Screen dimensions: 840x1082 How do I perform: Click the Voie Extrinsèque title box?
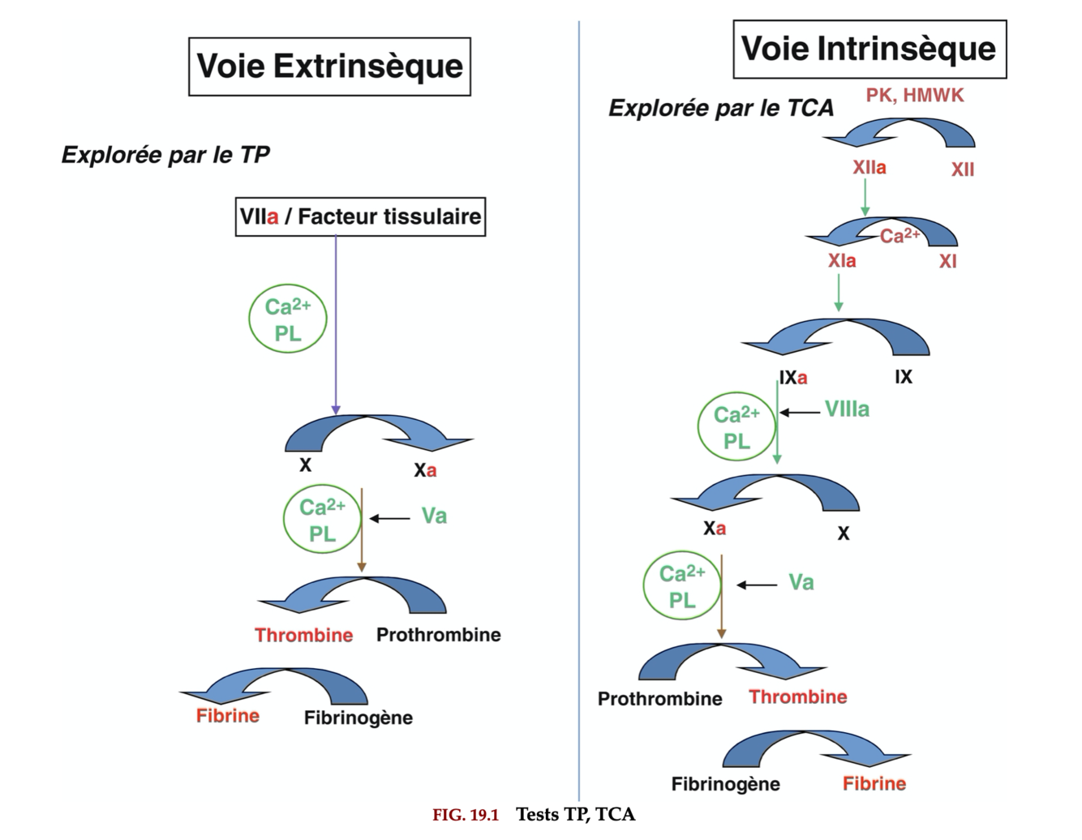(329, 66)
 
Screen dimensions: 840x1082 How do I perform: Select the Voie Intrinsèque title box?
(869, 49)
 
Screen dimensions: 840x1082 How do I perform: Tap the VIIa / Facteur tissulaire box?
(360, 216)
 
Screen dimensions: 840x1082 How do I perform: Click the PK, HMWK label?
(915, 96)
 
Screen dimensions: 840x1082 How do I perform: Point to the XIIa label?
(869, 168)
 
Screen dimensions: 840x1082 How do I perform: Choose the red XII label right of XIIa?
(963, 170)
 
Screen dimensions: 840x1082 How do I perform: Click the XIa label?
(842, 261)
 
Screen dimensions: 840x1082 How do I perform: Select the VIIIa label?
(847, 409)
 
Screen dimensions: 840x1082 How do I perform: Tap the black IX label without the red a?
(904, 377)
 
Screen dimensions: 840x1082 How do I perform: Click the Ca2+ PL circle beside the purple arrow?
(287, 320)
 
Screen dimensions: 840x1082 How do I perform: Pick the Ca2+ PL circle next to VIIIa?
(736, 427)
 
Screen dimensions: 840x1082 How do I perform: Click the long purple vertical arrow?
(336, 324)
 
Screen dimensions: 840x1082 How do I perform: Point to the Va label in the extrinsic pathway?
(434, 516)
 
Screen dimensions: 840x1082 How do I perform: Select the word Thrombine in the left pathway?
(303, 635)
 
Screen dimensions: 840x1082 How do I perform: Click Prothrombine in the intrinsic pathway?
(659, 699)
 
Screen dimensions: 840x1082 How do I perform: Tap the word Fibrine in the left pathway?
(228, 716)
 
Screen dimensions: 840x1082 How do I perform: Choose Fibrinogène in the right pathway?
(725, 784)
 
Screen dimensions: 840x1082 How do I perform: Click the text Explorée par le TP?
(165, 155)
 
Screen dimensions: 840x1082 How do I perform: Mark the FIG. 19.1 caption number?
(466, 815)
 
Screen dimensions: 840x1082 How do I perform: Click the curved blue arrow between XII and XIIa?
(900, 131)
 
